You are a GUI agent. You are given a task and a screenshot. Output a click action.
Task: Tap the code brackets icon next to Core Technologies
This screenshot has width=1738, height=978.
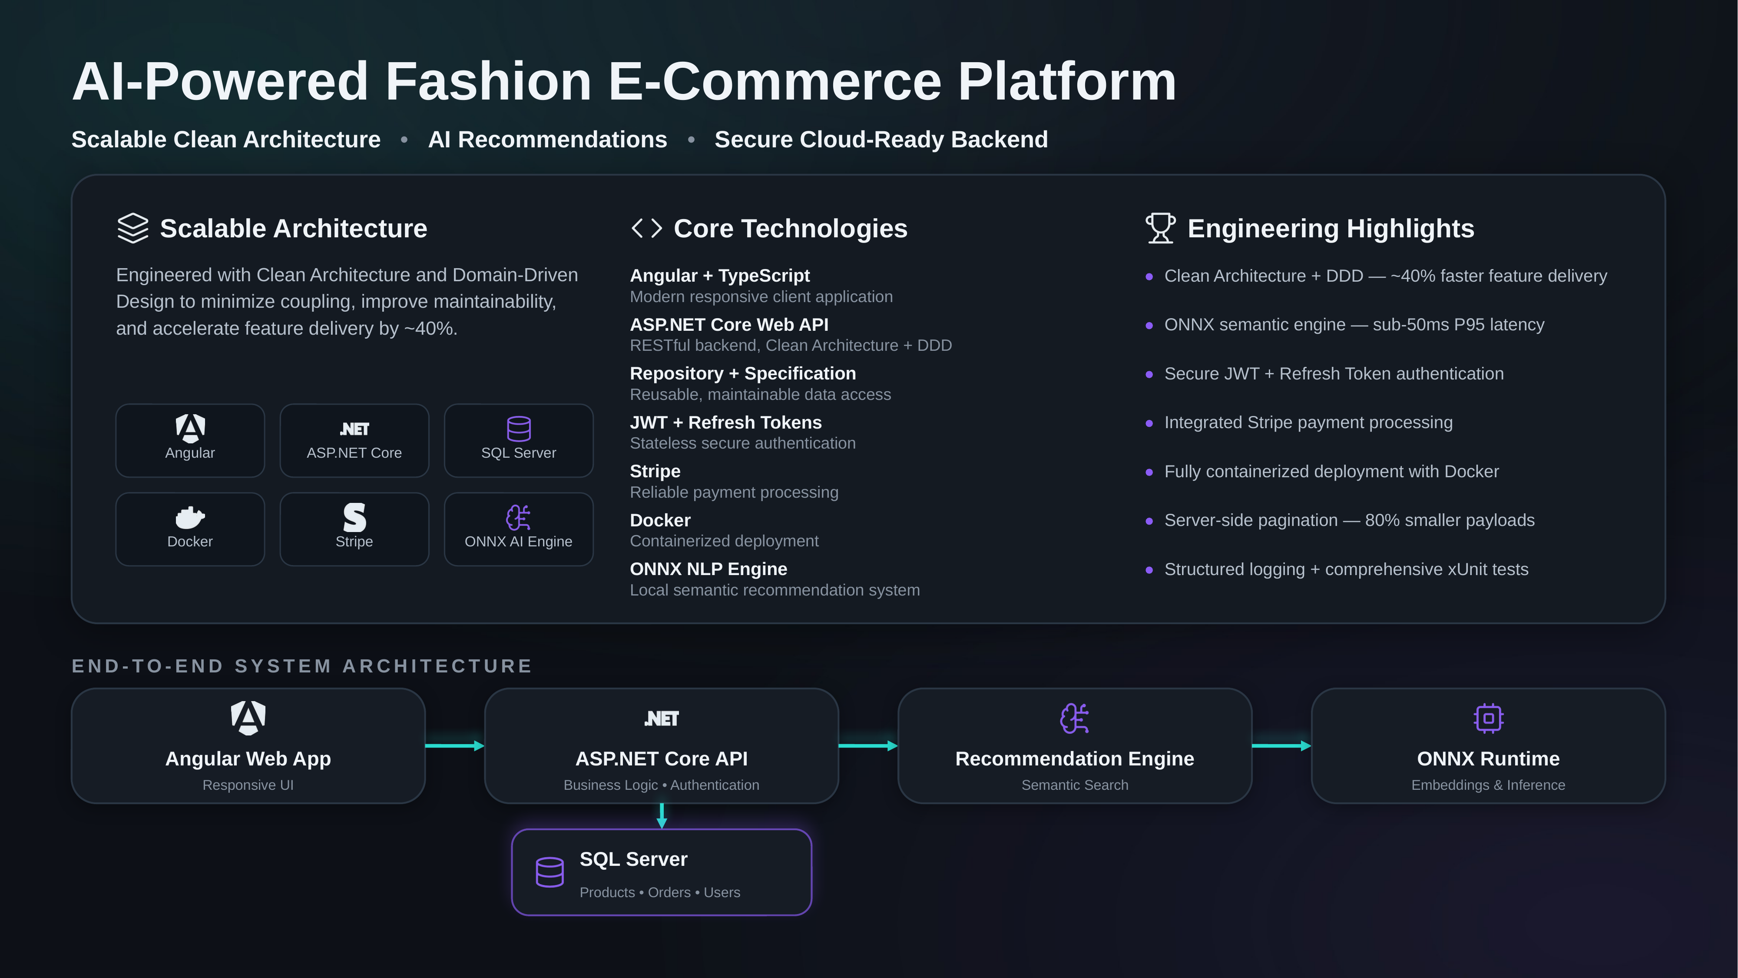pyautogui.click(x=646, y=228)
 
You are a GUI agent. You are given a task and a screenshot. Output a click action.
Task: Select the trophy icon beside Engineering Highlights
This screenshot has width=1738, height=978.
pyautogui.click(x=1160, y=228)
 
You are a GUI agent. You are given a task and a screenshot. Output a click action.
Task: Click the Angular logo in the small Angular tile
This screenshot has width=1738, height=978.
pyautogui.click(x=190, y=428)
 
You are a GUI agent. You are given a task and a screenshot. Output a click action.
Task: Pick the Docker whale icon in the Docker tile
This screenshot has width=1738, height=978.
pyautogui.click(x=190, y=518)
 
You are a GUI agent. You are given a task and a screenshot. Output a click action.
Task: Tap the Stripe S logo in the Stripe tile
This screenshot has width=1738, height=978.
pyautogui.click(x=354, y=518)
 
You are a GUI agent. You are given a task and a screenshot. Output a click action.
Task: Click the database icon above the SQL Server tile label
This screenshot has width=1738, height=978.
pyautogui.click(x=519, y=429)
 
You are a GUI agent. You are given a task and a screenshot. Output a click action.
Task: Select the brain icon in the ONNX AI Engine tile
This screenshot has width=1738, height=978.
pyautogui.click(x=519, y=518)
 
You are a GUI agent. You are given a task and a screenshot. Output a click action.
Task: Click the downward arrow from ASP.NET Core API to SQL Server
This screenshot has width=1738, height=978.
pyautogui.click(x=662, y=816)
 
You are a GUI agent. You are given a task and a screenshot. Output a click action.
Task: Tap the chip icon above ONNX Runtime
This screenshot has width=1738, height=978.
pyautogui.click(x=1488, y=718)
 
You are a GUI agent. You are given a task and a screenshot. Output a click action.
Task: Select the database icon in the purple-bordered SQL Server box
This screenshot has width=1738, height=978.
pyautogui.click(x=550, y=872)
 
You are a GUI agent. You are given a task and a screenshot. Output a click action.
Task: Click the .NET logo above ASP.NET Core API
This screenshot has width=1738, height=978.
pyautogui.click(x=662, y=719)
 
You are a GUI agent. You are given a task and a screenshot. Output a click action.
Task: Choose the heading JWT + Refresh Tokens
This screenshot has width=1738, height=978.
pyautogui.click(x=726, y=422)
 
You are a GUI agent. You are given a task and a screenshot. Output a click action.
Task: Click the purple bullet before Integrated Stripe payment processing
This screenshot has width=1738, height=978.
pyautogui.click(x=1149, y=423)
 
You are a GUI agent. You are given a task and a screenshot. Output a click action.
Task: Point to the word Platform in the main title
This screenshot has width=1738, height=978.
pyautogui.click(x=1067, y=82)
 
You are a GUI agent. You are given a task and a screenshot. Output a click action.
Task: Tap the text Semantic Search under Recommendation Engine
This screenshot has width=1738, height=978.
pyautogui.click(x=1075, y=785)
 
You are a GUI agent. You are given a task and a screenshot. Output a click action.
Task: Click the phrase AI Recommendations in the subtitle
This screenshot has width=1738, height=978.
pyautogui.click(x=548, y=140)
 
